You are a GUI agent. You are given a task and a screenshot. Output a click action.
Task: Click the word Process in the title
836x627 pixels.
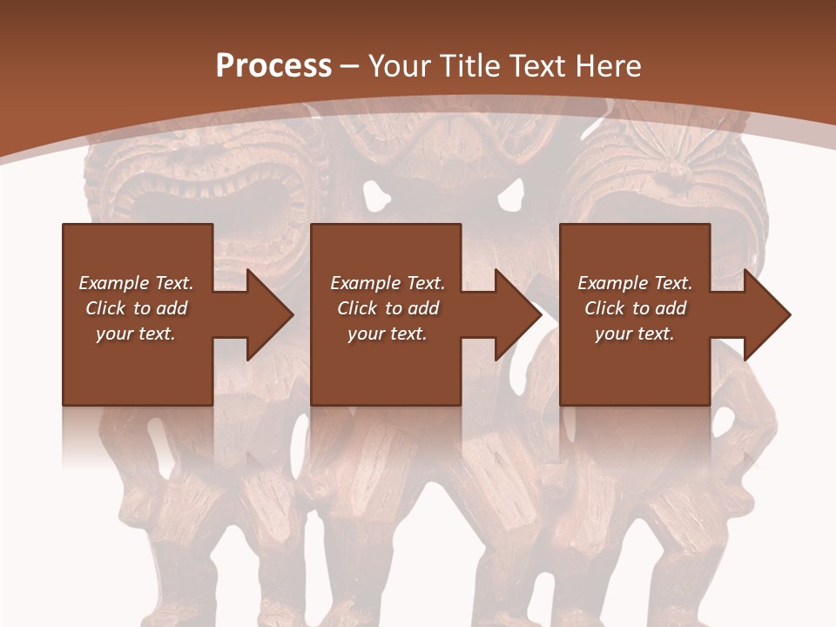point(273,66)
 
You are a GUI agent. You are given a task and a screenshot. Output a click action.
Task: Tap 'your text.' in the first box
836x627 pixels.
point(136,334)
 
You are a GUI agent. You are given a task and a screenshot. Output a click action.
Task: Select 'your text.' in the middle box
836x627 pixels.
point(388,334)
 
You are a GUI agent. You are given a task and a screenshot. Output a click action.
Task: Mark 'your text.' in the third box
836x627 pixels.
point(635,334)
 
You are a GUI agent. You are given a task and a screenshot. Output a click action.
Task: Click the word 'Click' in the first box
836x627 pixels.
point(106,308)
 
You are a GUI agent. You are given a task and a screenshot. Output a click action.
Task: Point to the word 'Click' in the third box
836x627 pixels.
point(605,308)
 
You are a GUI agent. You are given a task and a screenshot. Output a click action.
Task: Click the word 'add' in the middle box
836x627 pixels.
point(423,308)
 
